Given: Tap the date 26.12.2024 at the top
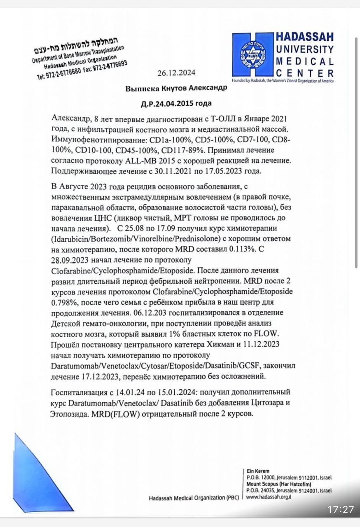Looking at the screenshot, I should click(x=176, y=73).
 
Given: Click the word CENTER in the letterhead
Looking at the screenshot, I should click(x=305, y=74).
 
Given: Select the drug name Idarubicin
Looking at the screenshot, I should click(x=71, y=239).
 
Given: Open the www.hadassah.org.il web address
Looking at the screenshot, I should click(x=269, y=497).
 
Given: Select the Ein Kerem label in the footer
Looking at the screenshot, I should click(x=258, y=471).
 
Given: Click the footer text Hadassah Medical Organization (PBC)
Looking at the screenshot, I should click(x=193, y=498).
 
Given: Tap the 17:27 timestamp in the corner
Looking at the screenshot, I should click(x=341, y=509).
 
